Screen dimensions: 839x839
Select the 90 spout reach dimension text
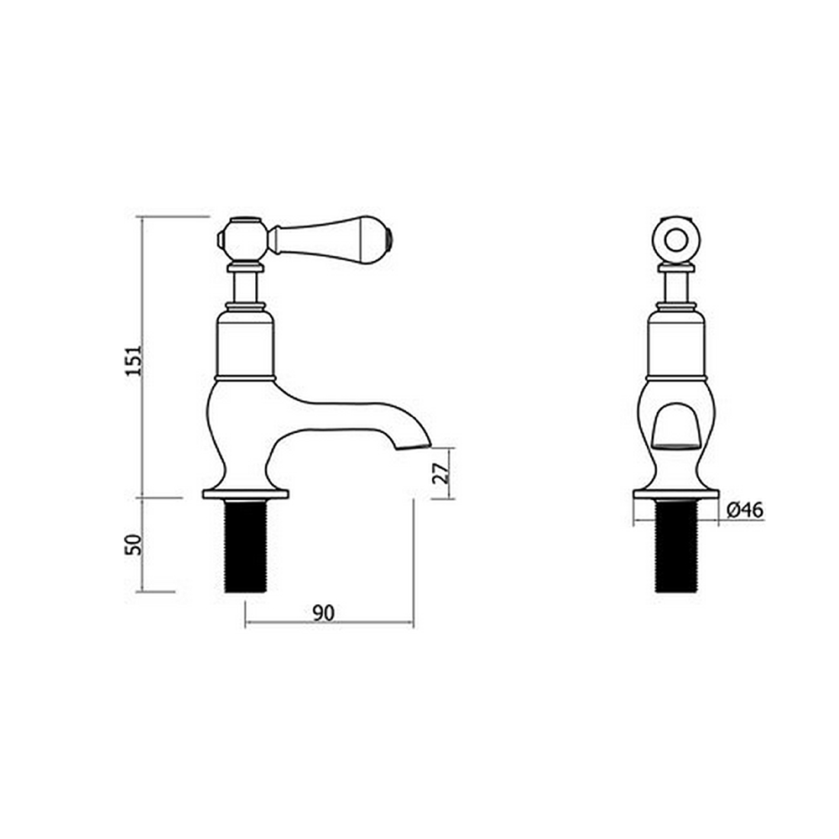click(324, 612)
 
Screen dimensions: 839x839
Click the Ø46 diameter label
click(745, 509)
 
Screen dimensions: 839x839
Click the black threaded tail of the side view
click(245, 546)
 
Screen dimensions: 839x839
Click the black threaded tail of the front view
click(676, 546)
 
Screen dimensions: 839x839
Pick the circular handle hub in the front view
click(676, 239)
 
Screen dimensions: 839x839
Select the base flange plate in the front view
click(676, 494)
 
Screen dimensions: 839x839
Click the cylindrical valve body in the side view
click(245, 344)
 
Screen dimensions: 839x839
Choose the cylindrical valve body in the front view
click(676, 344)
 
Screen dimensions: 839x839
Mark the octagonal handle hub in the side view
click(242, 239)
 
